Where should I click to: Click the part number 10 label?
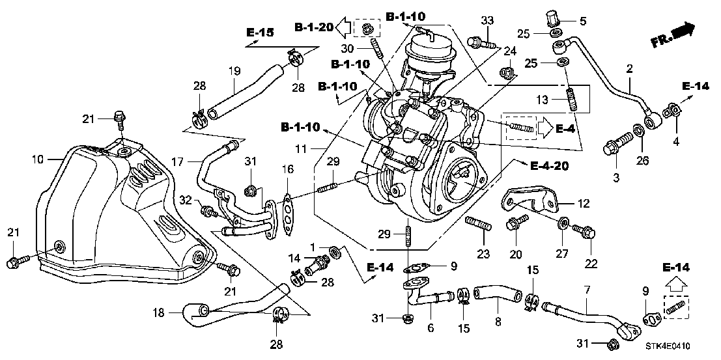(36, 159)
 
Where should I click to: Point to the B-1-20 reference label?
(314, 27)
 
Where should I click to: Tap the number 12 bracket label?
(584, 204)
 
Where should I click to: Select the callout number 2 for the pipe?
(630, 68)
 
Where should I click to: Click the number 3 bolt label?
(615, 177)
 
